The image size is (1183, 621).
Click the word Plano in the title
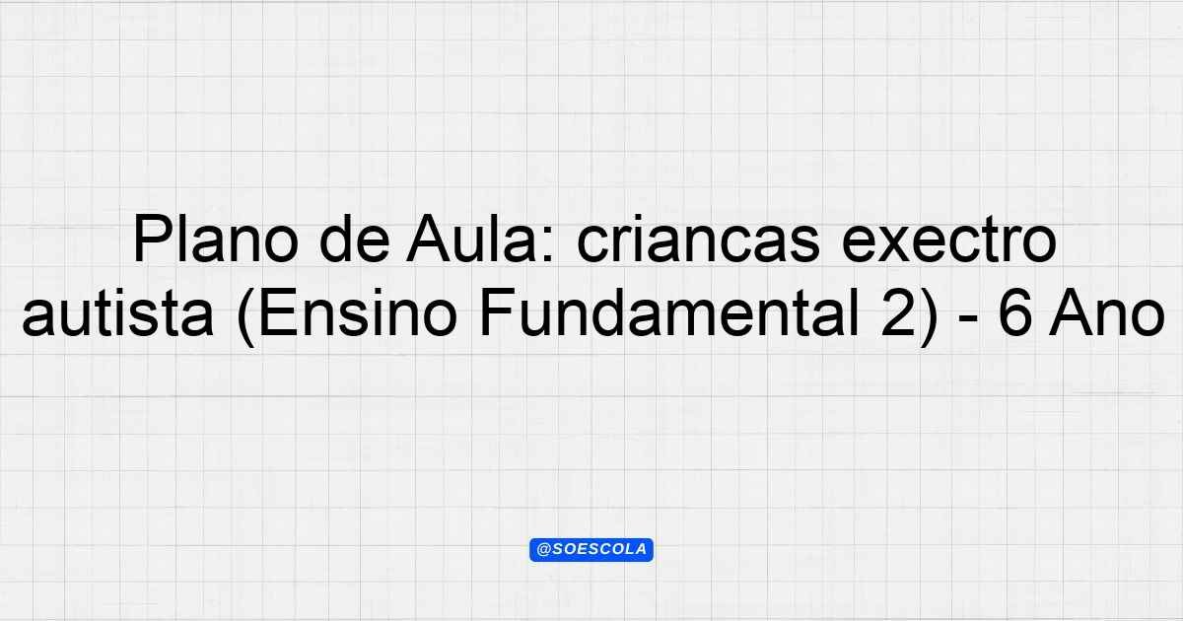click(x=216, y=239)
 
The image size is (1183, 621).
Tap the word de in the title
click(x=354, y=239)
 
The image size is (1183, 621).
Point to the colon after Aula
click(x=548, y=245)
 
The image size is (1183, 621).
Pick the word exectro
click(x=949, y=240)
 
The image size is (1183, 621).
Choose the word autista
click(x=117, y=313)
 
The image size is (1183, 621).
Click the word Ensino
click(x=358, y=313)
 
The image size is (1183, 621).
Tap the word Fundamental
click(x=669, y=313)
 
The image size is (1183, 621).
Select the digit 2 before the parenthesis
click(x=897, y=313)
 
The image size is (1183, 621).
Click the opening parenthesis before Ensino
click(x=246, y=316)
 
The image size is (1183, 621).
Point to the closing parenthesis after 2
click(x=929, y=316)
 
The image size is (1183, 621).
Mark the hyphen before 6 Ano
click(x=967, y=319)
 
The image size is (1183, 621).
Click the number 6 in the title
click(x=1014, y=314)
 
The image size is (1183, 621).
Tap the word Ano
click(x=1106, y=313)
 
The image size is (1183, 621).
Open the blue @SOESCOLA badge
click(x=591, y=550)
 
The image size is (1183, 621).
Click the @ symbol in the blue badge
click(x=543, y=550)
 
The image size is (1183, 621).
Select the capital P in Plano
click(x=152, y=239)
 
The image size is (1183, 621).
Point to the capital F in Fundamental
click(x=497, y=313)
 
